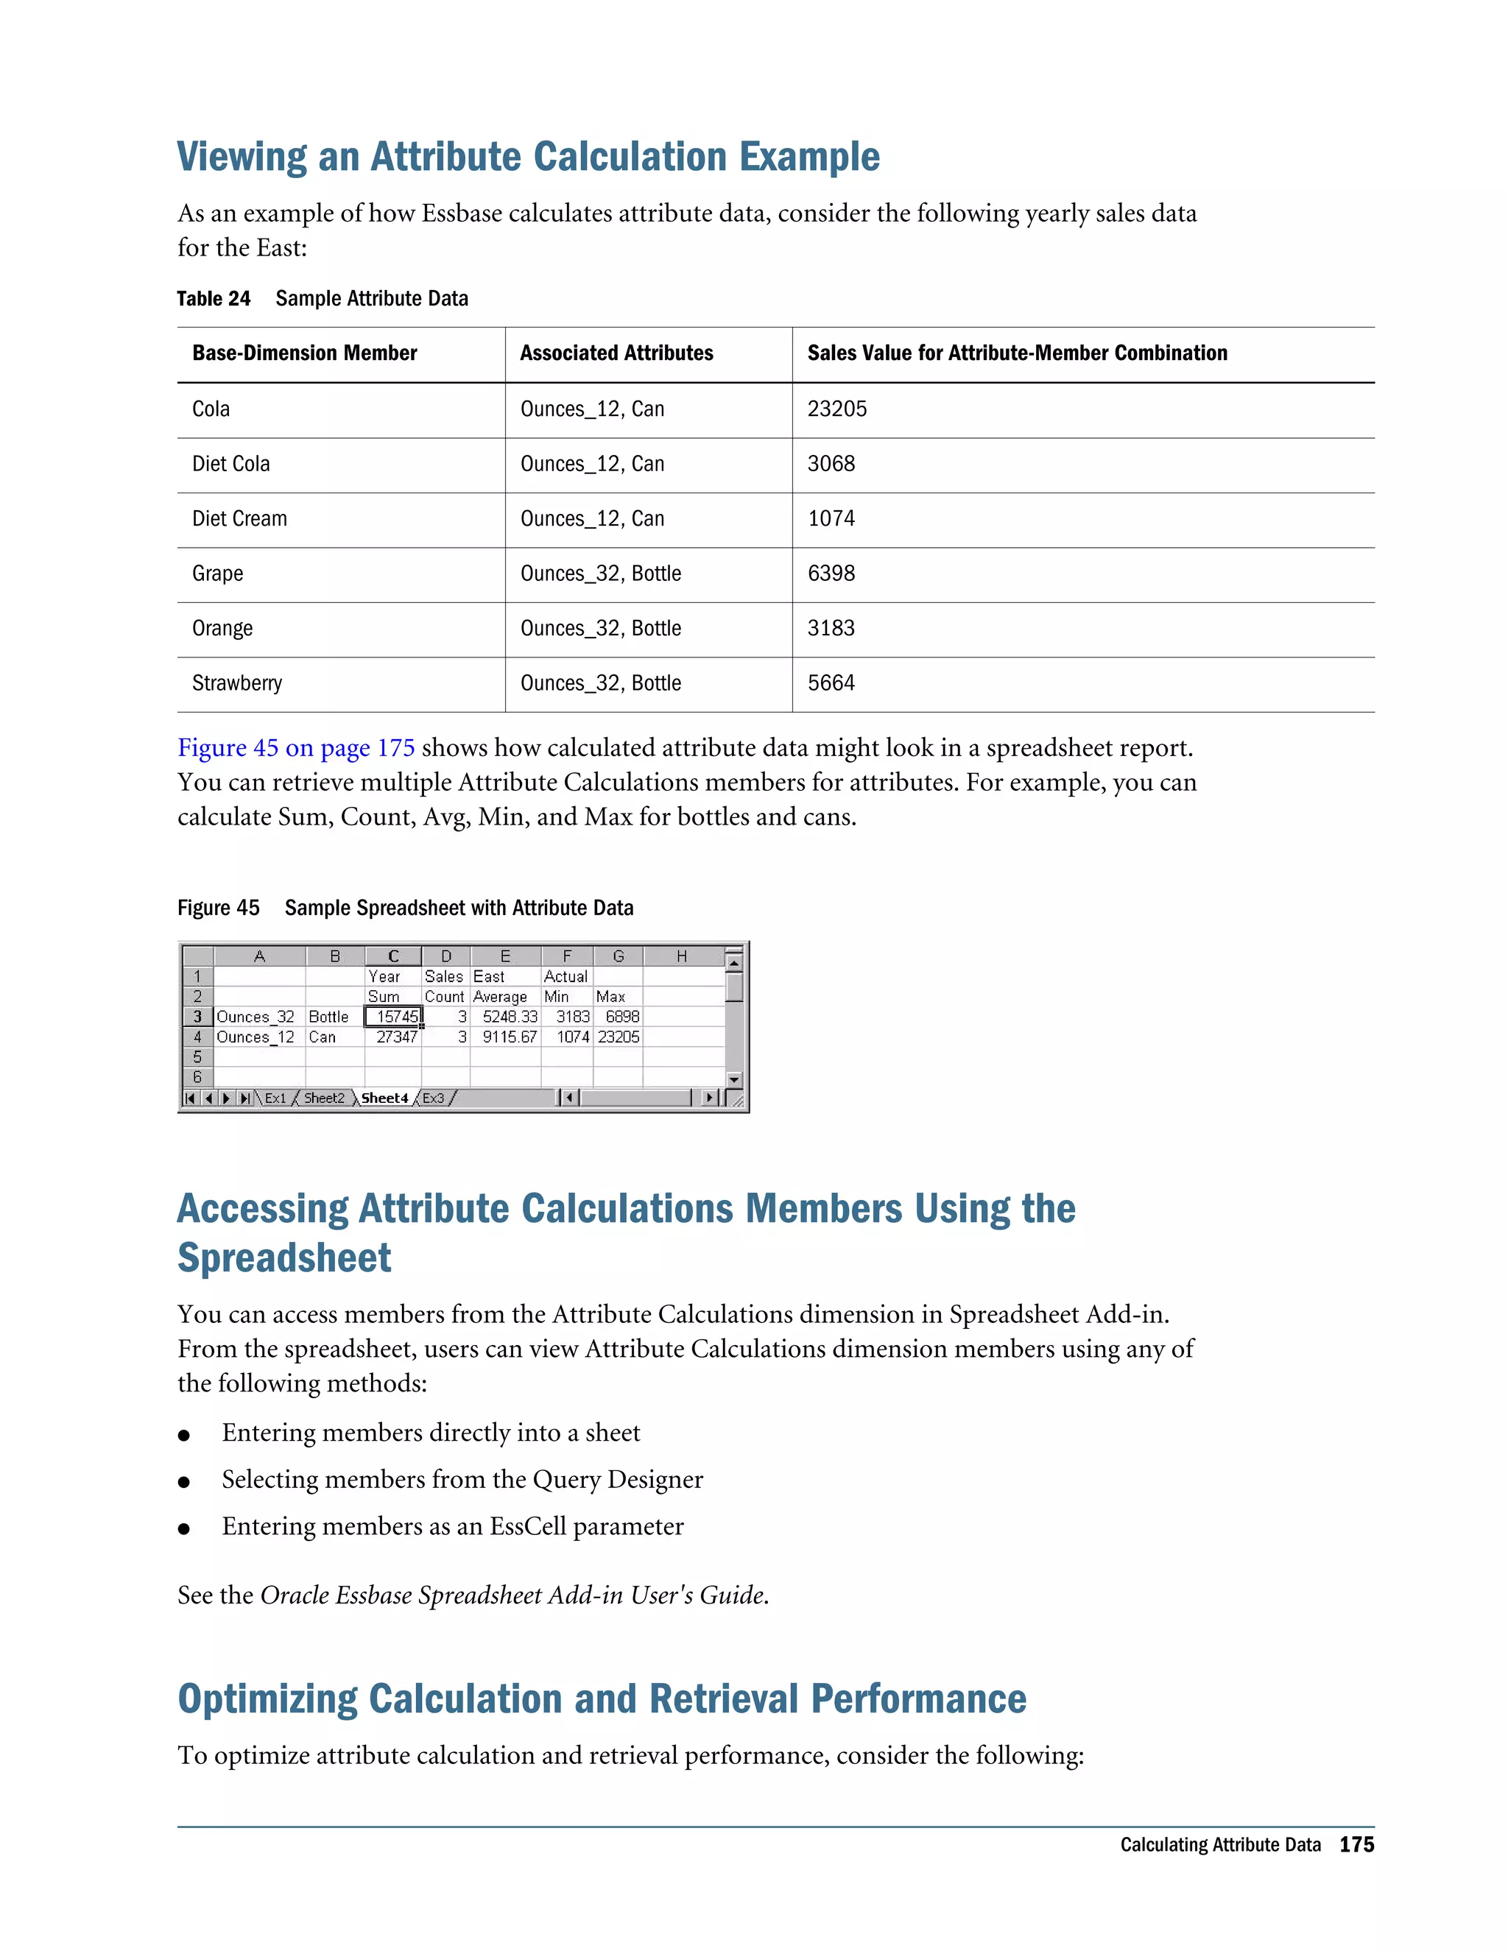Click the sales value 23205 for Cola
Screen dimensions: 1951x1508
tap(836, 409)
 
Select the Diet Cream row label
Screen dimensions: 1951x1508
tap(239, 519)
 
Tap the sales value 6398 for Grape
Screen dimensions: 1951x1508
tap(831, 574)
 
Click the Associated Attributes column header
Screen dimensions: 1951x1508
tap(616, 353)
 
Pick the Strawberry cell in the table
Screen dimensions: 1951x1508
tap(237, 683)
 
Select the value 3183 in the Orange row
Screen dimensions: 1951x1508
tap(831, 629)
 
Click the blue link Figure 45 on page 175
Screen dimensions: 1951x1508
tap(296, 748)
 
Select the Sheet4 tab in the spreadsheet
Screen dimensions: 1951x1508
tap(384, 1098)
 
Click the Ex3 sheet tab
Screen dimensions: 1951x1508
tap(433, 1098)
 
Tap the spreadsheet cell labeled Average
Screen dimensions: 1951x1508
tap(500, 997)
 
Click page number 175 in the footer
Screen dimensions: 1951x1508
tap(1356, 1845)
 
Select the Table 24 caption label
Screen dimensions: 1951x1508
tap(214, 299)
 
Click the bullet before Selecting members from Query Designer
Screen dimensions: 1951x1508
tap(184, 1482)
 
